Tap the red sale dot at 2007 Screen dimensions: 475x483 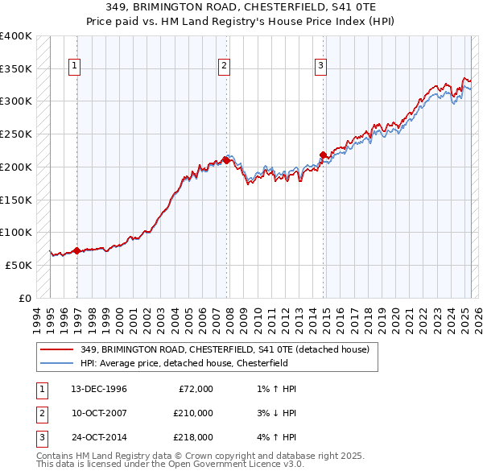pos(226,160)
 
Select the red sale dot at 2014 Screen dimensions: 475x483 pos(323,155)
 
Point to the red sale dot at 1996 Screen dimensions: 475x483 pos(77,250)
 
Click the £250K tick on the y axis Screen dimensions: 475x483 pos(16,134)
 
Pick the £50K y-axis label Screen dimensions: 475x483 pos(19,265)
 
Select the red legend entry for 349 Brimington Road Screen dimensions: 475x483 pos(225,349)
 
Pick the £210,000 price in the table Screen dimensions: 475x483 pos(193,413)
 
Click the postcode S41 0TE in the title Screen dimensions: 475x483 pos(360,6)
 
